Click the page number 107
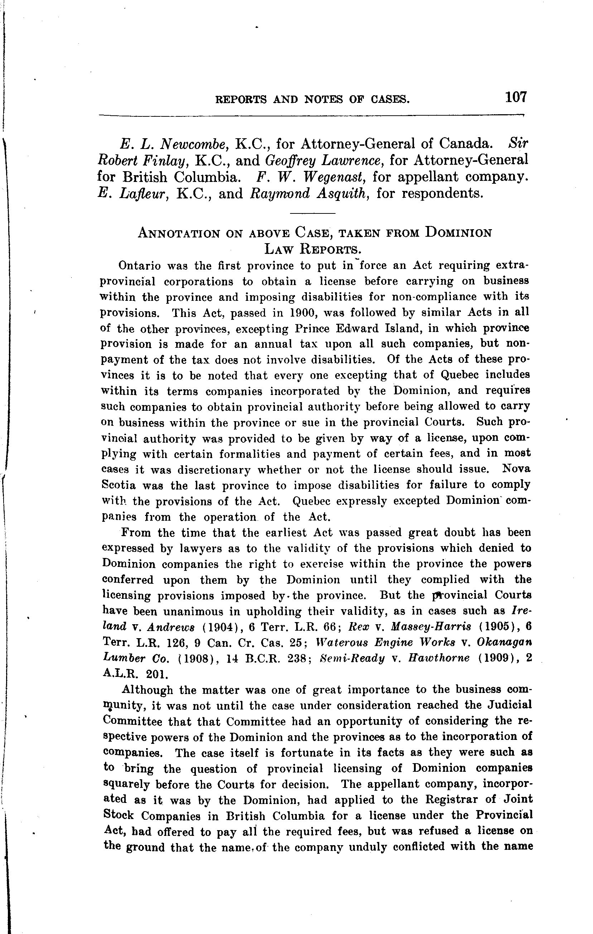[x=515, y=97]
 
